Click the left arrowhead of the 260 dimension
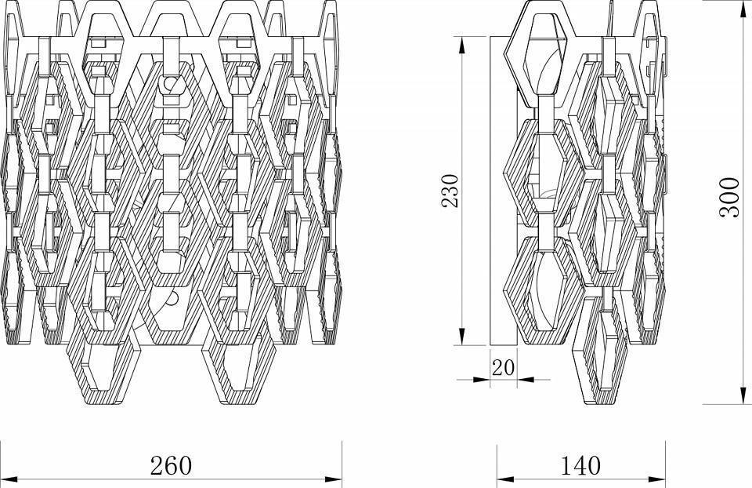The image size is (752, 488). pyautogui.click(x=6, y=477)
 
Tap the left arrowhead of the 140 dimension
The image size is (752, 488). pyautogui.click(x=501, y=477)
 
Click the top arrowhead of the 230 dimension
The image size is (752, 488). pyautogui.click(x=463, y=39)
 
